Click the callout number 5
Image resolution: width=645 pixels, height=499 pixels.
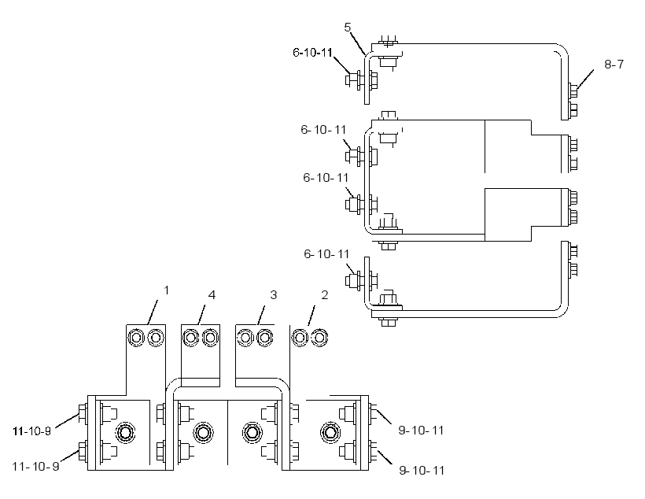348,28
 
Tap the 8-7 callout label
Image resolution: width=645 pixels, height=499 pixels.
614,65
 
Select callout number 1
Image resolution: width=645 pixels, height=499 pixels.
166,290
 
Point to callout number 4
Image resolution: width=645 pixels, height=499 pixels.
212,295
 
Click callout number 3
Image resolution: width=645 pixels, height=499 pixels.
274,295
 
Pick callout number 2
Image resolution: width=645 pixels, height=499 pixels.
325,295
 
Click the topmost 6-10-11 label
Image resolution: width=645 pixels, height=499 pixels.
312,53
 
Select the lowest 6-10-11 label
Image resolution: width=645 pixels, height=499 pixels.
326,254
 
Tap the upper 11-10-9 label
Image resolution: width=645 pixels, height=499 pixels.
32,431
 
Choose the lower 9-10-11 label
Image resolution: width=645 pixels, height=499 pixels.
422,470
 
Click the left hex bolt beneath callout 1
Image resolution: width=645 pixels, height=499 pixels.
136,338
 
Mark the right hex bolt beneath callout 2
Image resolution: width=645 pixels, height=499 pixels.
319,338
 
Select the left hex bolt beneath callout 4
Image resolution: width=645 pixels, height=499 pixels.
190,338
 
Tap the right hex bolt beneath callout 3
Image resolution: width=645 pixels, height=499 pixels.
264,338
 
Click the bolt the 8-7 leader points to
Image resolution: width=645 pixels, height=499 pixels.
573,91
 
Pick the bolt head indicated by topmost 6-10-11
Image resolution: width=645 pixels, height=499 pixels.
351,79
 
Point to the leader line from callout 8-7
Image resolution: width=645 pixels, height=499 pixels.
585,79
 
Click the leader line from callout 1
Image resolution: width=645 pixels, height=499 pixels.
153,312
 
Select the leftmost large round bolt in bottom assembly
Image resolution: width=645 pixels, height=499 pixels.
127,433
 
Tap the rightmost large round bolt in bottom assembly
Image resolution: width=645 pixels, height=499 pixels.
330,433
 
